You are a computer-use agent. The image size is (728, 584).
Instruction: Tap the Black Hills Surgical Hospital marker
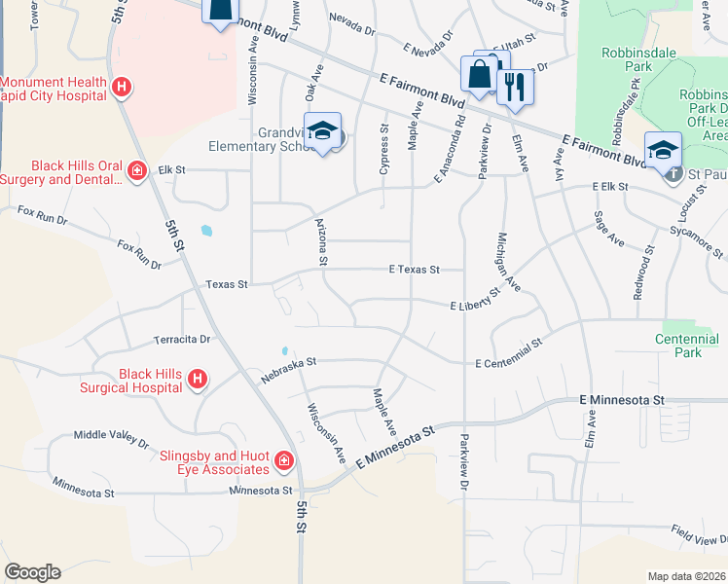pyautogui.click(x=197, y=379)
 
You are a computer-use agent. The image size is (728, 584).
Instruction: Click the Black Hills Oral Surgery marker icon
pyautogui.click(x=137, y=171)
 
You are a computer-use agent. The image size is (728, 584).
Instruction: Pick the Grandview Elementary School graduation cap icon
pyautogui.click(x=322, y=131)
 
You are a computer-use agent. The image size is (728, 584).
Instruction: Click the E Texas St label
pyautogui.click(x=415, y=270)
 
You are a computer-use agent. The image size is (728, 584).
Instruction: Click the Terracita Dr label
pyautogui.click(x=182, y=340)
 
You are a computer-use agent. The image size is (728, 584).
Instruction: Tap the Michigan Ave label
pyautogui.click(x=509, y=262)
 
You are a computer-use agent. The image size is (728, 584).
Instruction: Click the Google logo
pyautogui.click(x=32, y=572)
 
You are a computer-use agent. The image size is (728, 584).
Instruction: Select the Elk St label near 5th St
pyautogui.click(x=172, y=170)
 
